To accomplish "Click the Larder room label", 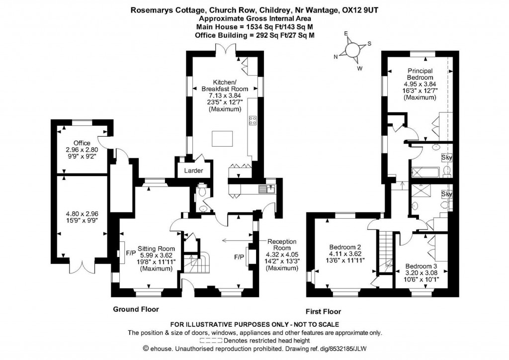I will [x=193, y=171].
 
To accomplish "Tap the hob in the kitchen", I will [x=252, y=120].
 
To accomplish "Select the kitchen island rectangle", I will [x=222, y=138].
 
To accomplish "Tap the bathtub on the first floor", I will [x=426, y=172].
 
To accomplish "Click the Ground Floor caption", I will [x=136, y=309].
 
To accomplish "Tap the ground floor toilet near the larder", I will [x=202, y=191].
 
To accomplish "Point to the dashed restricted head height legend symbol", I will [x=211, y=341].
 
